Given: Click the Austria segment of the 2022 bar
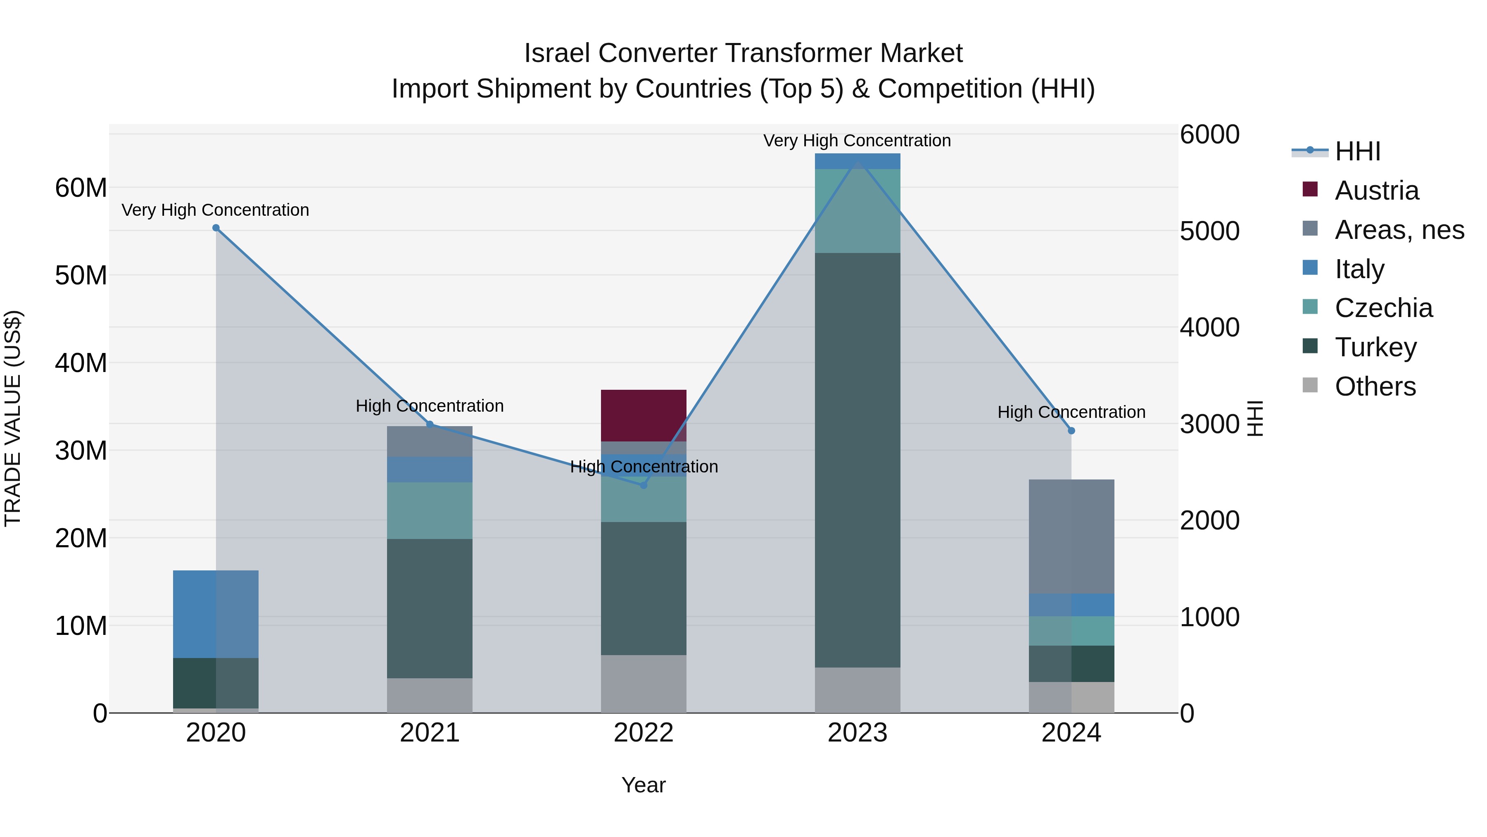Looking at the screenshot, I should coord(643,415).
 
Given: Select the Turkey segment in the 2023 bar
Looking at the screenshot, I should coord(857,460).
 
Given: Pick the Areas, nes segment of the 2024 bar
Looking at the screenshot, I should coord(1071,536).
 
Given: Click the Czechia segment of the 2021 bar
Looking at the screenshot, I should coord(430,510).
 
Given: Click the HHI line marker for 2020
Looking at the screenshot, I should coord(216,228).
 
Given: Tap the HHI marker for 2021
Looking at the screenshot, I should coord(430,424).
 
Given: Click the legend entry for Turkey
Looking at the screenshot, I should coord(1375,347).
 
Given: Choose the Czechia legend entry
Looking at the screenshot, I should coord(1383,308).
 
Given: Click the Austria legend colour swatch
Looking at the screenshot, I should coord(1310,189).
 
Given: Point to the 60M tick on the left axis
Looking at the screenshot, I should coord(81,188).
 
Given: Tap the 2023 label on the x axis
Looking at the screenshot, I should coord(857,733).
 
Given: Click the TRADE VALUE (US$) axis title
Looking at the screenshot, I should coord(13,418).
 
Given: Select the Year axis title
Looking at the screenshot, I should coord(643,785).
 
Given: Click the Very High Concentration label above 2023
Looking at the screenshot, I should coord(857,141).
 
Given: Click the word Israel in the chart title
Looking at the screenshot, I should coord(557,53).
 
